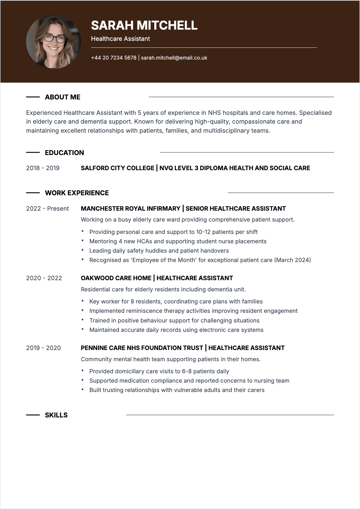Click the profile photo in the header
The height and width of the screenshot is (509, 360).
coord(54,42)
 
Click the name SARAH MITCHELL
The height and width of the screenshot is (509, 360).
coord(144,25)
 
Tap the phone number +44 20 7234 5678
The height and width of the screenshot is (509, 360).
coord(114,58)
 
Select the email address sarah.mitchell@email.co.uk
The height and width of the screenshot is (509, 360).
coord(174,58)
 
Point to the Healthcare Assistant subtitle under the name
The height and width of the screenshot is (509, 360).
coord(120,39)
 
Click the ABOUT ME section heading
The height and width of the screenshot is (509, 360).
coord(63,97)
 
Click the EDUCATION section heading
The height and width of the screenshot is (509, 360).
coord(64,153)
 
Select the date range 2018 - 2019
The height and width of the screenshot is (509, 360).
coord(43,168)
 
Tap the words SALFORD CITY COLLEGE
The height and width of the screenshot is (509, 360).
coord(117,168)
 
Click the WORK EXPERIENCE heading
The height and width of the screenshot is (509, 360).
coord(77,193)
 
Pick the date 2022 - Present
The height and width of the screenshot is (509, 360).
coord(47,209)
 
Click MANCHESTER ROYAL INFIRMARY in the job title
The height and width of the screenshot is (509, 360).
coord(130,209)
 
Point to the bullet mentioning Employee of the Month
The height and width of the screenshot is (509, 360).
coord(200,260)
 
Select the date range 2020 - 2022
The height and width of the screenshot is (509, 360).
coord(44,278)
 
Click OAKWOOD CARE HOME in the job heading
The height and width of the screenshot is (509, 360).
coord(116,278)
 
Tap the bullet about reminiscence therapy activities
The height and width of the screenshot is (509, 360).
coord(193,311)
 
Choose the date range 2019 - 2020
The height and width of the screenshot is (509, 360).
coord(43,348)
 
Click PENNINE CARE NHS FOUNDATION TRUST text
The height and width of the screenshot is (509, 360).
coord(142,348)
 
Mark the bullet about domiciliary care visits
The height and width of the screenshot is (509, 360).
coord(159,371)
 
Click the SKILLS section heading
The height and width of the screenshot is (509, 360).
coord(56,415)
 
